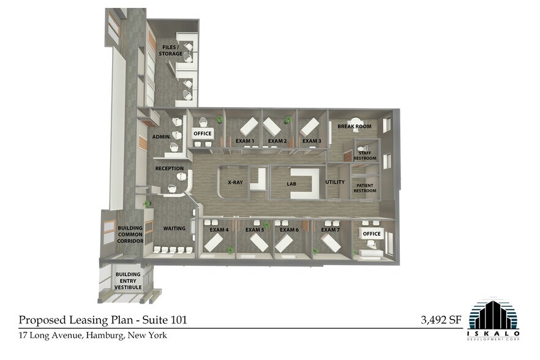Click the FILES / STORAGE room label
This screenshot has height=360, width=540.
pos(171,50)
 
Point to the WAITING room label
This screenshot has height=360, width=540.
pos(174,228)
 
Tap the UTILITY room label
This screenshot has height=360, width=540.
pos(335,182)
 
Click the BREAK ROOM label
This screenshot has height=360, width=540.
pos(354,127)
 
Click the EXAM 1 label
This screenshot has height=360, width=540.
pos(245,141)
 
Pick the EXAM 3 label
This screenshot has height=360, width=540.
pos(312,141)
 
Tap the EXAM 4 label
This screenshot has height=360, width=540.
pos(219,230)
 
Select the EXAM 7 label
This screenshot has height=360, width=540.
pos(330,230)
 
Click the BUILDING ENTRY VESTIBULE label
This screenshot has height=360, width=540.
pos(129,280)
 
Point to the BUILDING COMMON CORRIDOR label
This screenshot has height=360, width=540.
pos(130,234)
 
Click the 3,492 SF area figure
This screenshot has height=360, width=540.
pos(441,319)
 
